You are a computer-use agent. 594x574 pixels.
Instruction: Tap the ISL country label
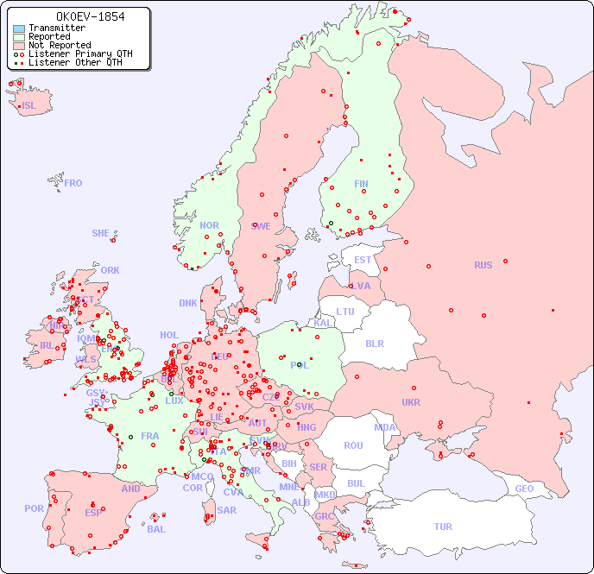(x=28, y=106)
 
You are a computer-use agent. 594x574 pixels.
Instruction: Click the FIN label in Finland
(x=361, y=184)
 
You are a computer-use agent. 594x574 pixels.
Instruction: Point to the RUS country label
(x=483, y=265)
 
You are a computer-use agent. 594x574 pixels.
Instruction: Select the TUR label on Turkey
(x=443, y=527)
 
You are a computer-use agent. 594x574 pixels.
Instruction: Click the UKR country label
(x=411, y=402)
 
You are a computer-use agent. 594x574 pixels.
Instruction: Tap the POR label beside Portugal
(x=34, y=508)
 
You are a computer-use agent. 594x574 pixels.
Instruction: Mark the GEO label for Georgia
(x=524, y=489)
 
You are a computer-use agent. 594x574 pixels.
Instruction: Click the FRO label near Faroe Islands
(x=73, y=183)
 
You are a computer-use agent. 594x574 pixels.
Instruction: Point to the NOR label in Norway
(x=209, y=225)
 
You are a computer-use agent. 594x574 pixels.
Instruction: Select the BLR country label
(x=374, y=343)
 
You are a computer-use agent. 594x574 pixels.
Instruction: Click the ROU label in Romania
(x=353, y=445)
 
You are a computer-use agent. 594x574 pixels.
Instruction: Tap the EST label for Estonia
(x=363, y=260)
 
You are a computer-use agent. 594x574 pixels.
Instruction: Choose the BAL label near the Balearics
(x=155, y=529)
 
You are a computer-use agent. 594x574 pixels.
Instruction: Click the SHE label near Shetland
(x=100, y=233)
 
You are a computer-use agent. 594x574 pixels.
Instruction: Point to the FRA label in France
(x=150, y=436)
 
